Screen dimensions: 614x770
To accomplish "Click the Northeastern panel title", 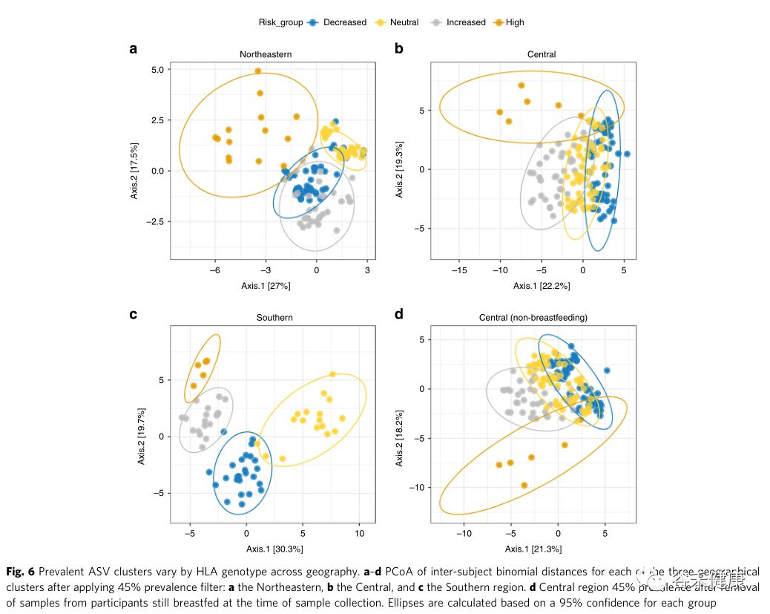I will (x=266, y=54).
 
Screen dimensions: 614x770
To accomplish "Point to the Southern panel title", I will (x=274, y=318).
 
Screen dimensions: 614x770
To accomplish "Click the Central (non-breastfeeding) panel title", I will (x=533, y=318).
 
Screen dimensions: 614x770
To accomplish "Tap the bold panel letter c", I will (x=134, y=314).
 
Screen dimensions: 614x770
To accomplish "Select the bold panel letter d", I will (x=398, y=314).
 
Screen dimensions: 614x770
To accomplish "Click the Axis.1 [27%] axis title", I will (x=266, y=286).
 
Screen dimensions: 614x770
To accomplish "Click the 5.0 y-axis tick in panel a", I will (x=160, y=70).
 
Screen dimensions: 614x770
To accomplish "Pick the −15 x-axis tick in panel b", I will (x=458, y=270).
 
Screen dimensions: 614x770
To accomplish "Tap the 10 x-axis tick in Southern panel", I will (x=359, y=533).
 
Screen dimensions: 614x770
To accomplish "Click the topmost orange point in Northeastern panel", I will (x=258, y=71).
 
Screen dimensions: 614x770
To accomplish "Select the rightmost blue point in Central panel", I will (x=627, y=154).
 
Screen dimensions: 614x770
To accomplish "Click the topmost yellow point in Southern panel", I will (x=332, y=374).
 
